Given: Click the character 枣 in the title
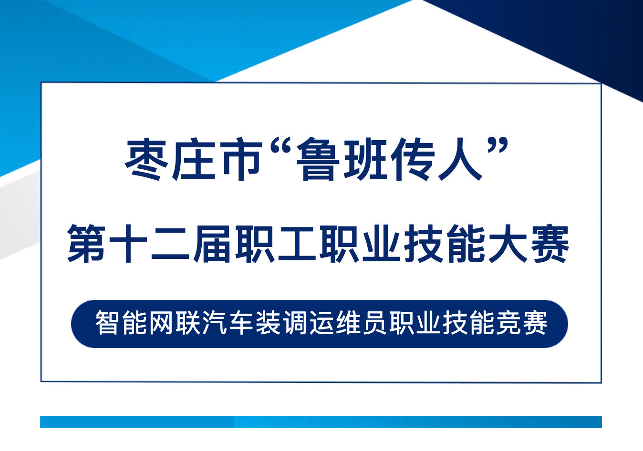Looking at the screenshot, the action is point(146,159).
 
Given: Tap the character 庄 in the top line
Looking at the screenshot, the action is point(194,159).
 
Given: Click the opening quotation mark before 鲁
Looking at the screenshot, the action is point(281,146).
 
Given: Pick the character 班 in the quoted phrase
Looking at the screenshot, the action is point(365,159).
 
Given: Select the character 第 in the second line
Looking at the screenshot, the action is point(86,244).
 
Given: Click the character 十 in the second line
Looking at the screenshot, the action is point(128,244).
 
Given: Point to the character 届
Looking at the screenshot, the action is point(212,244).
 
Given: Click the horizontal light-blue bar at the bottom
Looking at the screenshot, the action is point(321,422).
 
